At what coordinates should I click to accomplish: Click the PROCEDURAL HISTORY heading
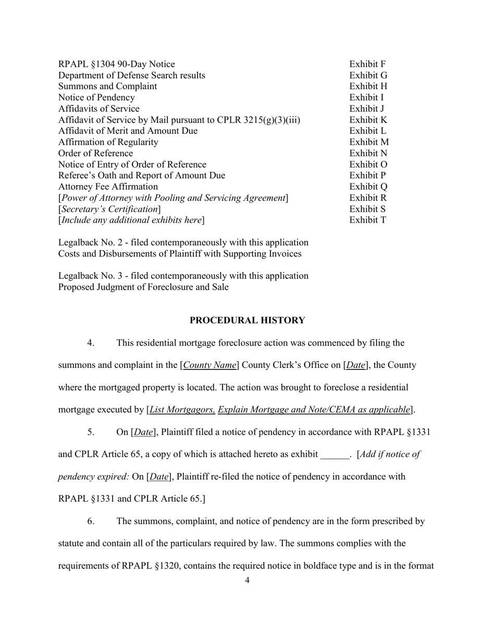(247, 321)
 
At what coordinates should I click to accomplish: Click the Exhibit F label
(367, 65)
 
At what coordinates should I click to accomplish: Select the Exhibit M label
(369, 142)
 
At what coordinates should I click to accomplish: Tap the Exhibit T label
(368, 220)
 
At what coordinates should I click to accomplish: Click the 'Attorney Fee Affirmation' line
(108, 187)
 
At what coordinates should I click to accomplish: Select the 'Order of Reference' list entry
(95, 153)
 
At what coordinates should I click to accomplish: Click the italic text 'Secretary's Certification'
(109, 209)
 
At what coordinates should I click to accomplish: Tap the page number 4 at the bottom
(247, 581)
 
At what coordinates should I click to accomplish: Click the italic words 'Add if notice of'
(389, 455)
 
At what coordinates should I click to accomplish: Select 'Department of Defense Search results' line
(131, 75)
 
